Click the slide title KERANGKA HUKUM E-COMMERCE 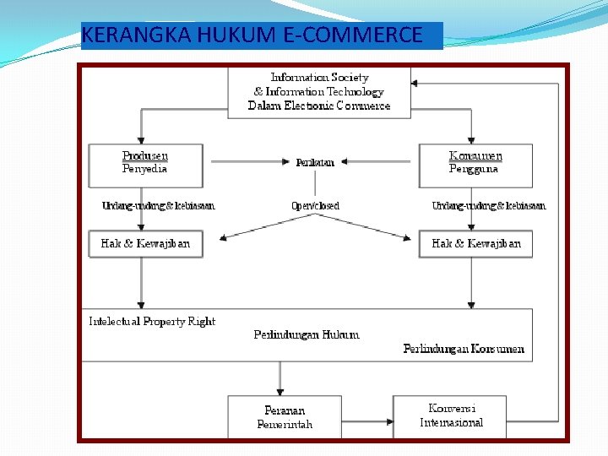(253, 35)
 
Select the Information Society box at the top (319, 91)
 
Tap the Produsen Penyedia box (145, 165)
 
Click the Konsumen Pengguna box (475, 165)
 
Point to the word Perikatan (315, 162)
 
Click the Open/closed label (315, 205)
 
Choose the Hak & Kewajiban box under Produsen (145, 243)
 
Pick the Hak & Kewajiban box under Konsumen (475, 243)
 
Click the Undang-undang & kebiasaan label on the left (158, 205)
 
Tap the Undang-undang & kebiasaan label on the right (488, 205)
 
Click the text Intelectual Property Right (152, 322)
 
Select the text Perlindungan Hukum (306, 334)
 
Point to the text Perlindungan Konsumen (464, 349)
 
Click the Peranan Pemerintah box (285, 417)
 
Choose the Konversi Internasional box (450, 415)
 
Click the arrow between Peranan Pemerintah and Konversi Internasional (366, 418)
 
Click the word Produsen (145, 156)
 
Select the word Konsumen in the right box (475, 156)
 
